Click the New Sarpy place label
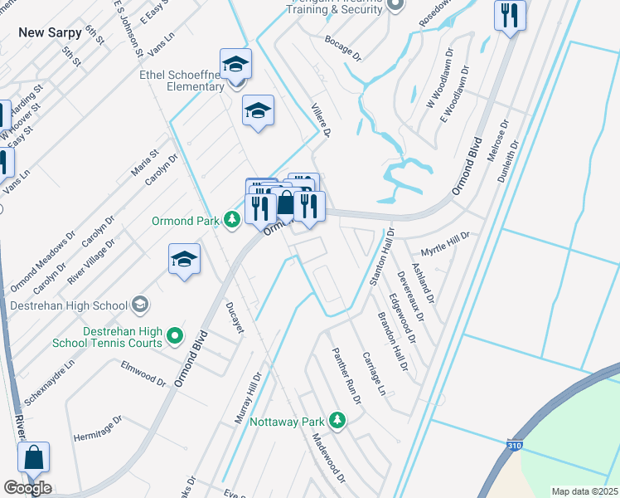tap(50, 32)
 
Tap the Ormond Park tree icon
tap(234, 219)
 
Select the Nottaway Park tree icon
tap(337, 420)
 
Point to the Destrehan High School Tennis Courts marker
tap(174, 335)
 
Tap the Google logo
tap(27, 487)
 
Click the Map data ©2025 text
tap(584, 491)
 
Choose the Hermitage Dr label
tap(98, 427)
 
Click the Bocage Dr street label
tap(344, 48)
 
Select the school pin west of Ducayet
tap(184, 259)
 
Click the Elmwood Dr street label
tap(143, 371)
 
